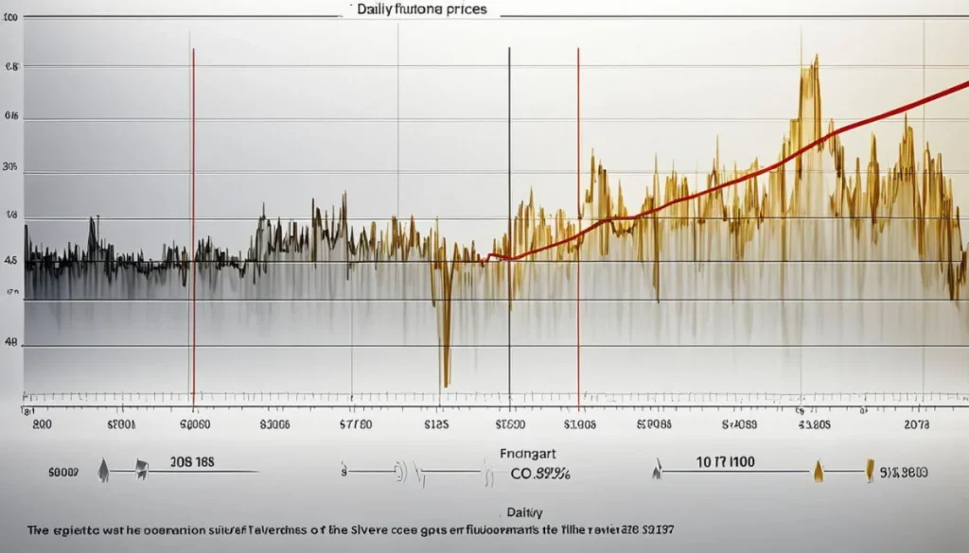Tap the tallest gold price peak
(815, 61)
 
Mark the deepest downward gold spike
(445, 378)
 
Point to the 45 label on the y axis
(11, 261)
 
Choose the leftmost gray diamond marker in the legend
(102, 470)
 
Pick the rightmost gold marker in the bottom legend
(868, 470)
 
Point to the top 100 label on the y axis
(13, 17)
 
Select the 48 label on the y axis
(11, 346)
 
